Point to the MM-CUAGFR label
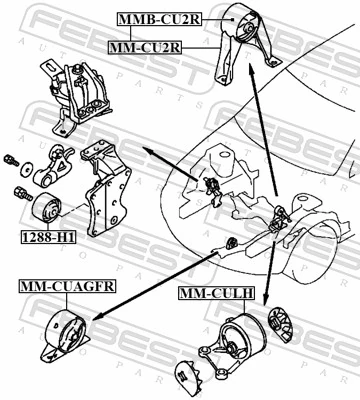click(67, 287)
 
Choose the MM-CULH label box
click(216, 294)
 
